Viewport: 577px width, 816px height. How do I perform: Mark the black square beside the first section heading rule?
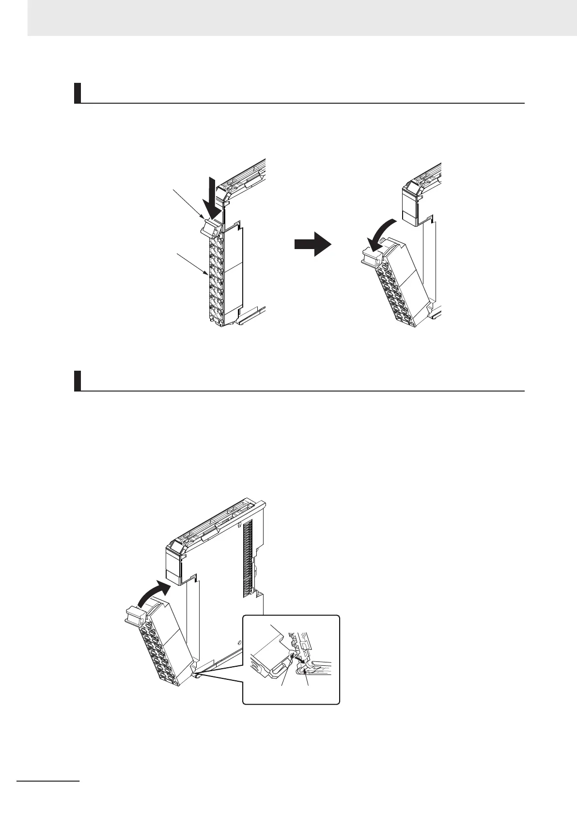(x=77, y=93)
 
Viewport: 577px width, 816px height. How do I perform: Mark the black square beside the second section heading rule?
(x=77, y=381)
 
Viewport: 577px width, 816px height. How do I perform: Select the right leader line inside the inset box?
(x=306, y=675)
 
